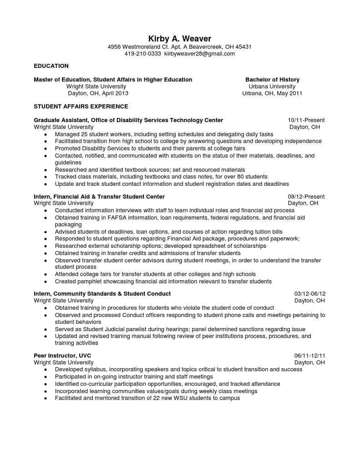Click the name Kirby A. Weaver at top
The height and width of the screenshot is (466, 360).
[180, 39]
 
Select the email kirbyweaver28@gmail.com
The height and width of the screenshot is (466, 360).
[199, 54]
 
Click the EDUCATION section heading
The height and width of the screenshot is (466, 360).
[51, 66]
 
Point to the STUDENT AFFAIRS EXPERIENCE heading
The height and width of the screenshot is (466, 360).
[81, 107]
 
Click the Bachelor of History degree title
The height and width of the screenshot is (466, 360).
[272, 80]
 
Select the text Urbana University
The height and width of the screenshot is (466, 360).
[272, 87]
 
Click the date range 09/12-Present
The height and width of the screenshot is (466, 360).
[306, 197]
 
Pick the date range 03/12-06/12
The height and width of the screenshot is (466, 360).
[309, 294]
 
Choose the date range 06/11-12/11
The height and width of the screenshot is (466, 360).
[309, 356]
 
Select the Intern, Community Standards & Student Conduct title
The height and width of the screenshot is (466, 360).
[102, 294]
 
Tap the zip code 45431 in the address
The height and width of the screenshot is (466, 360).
[243, 47]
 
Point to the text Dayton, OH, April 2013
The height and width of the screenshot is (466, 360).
[98, 93]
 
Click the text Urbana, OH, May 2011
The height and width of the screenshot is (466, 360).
[272, 93]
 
